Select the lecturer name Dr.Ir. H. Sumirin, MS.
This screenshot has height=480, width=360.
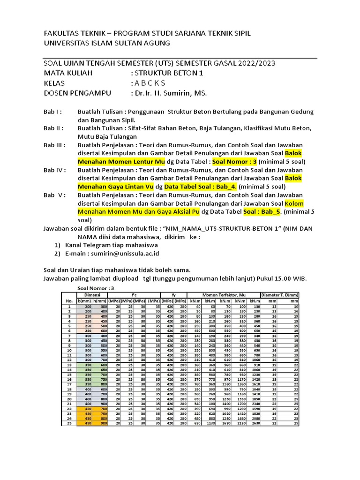[169, 93]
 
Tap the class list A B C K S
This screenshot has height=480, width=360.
[150, 83]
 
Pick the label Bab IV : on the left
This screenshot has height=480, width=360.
[55, 170]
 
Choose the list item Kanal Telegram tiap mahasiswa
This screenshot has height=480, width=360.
[112, 245]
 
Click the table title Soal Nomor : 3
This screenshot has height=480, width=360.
[96, 288]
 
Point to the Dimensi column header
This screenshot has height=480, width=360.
[92, 295]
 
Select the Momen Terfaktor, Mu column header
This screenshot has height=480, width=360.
[224, 295]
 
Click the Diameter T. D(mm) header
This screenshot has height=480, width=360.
[280, 295]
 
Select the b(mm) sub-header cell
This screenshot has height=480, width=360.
[84, 300]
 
